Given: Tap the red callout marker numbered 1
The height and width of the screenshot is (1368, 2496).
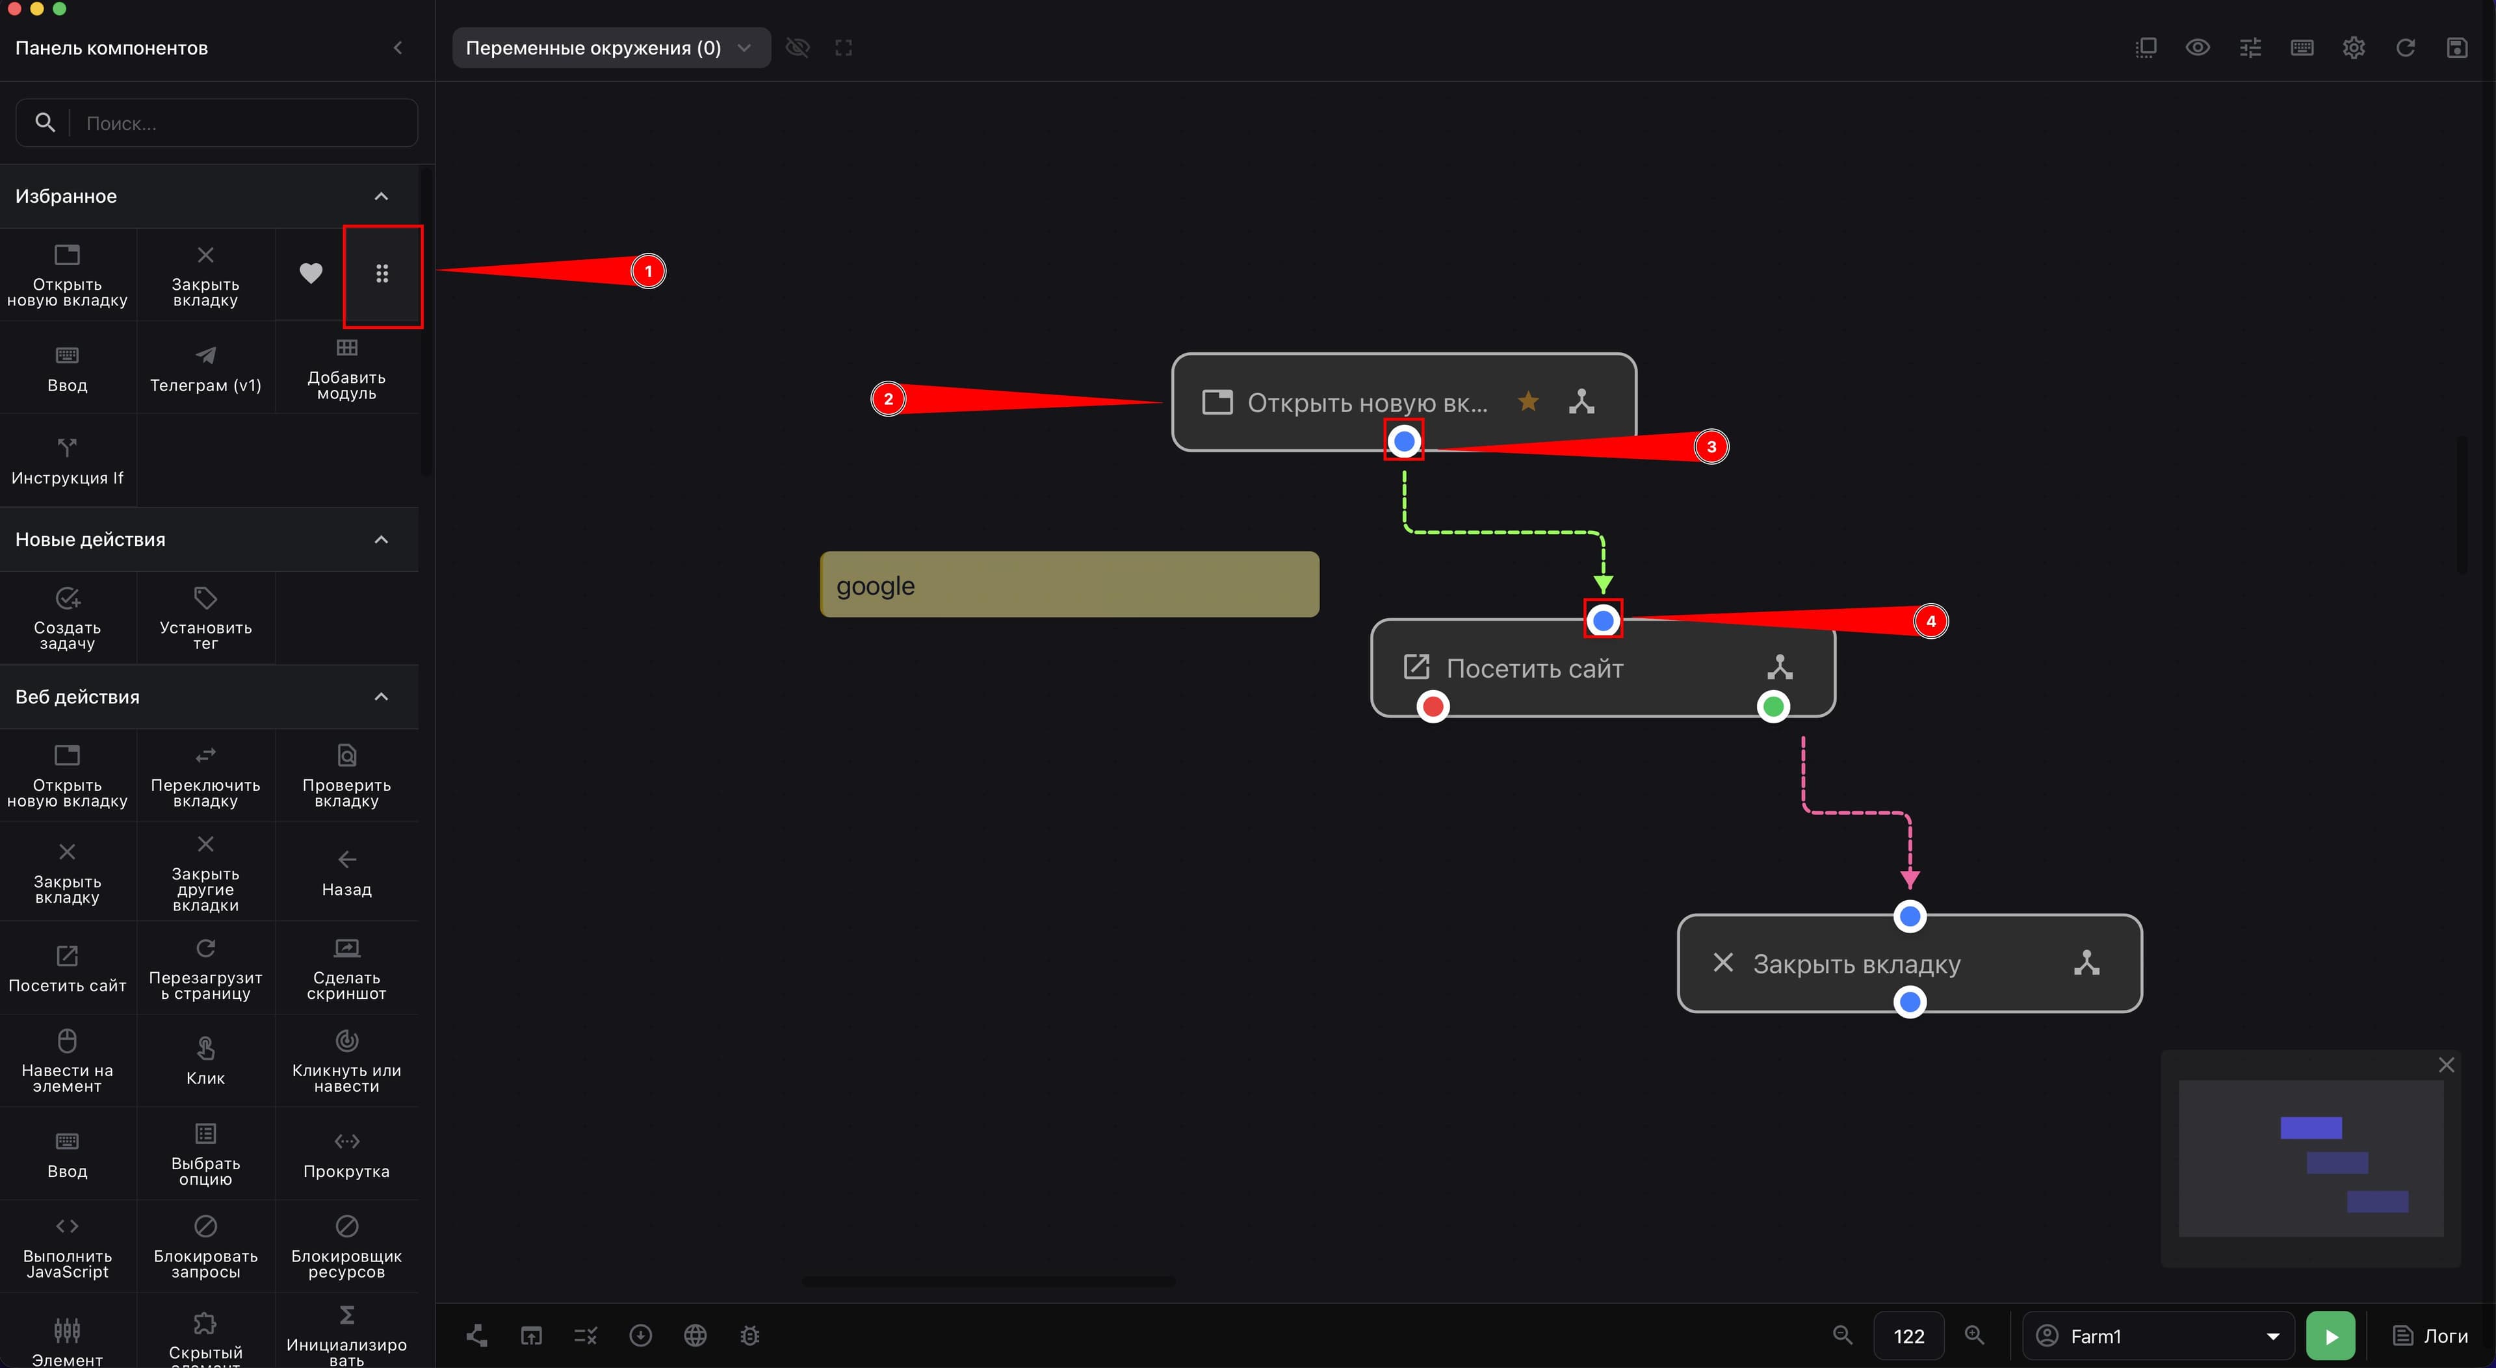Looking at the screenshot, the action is [x=648, y=271].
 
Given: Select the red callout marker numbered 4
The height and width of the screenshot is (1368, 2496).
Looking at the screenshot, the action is [x=1930, y=621].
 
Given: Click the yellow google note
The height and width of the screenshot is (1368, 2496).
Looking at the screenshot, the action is [x=1070, y=584].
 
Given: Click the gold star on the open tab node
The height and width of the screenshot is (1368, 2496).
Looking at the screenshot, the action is [x=1528, y=401].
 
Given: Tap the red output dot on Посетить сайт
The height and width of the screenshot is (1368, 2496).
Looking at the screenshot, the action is [x=1433, y=706].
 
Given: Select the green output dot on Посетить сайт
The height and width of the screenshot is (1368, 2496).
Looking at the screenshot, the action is [x=1773, y=706].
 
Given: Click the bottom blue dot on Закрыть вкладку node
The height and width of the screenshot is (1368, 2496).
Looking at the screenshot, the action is [x=1910, y=1001].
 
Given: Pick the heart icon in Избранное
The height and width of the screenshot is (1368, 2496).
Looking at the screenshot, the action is [x=310, y=273].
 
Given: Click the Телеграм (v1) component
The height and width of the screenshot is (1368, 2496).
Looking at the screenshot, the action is [x=205, y=368].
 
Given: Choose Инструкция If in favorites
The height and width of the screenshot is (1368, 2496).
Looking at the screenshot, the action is [x=67, y=461].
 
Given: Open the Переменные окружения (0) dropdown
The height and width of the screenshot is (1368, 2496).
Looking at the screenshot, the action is [x=610, y=47].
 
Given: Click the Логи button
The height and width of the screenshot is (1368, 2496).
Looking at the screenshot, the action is [x=2430, y=1336].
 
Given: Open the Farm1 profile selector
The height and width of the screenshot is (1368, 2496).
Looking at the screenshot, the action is [x=2158, y=1336].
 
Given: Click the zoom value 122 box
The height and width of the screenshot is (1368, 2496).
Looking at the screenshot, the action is [x=1909, y=1336].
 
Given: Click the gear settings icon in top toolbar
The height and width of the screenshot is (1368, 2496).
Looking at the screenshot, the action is [x=2354, y=47].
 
